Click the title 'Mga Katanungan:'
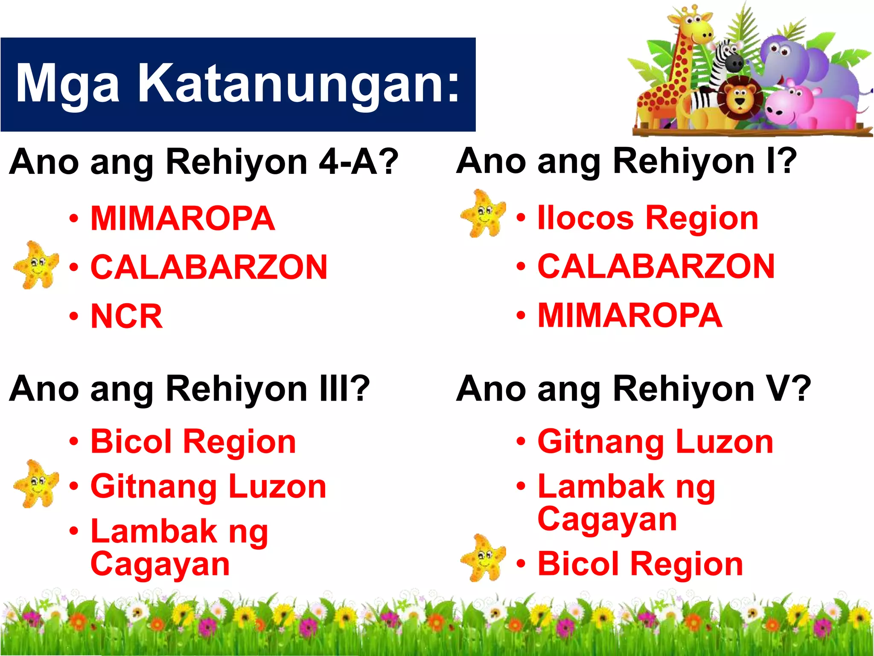(x=238, y=84)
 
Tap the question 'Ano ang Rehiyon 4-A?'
(x=204, y=162)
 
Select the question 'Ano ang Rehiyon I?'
(x=626, y=161)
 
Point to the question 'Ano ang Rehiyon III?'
(x=189, y=389)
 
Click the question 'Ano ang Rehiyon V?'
(x=633, y=389)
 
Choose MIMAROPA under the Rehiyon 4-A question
(x=183, y=219)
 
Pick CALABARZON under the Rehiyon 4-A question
(x=209, y=267)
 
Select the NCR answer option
(x=127, y=316)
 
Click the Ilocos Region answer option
(x=648, y=218)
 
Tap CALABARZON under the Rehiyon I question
(x=656, y=266)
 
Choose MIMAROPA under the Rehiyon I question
(x=630, y=316)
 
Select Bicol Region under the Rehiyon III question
(x=193, y=442)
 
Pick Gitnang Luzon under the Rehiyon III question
(x=208, y=486)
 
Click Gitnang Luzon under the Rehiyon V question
(x=655, y=442)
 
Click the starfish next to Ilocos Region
(x=483, y=213)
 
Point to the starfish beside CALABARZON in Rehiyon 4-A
(x=36, y=265)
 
